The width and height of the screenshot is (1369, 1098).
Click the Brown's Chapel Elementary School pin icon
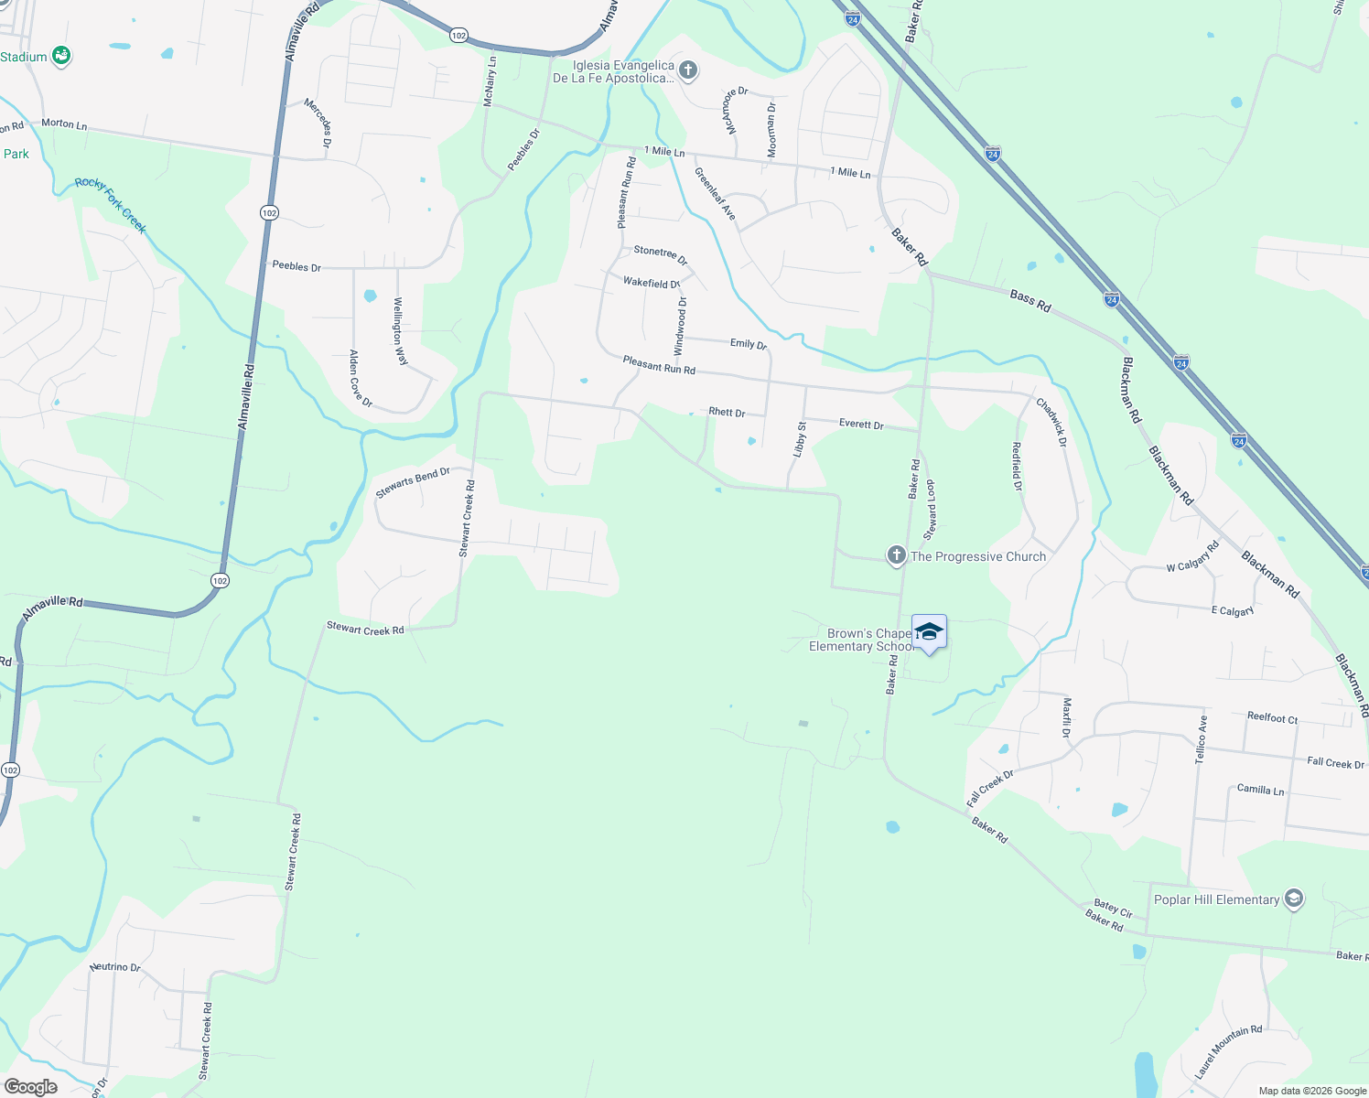929,632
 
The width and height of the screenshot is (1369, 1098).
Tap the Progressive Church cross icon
896,555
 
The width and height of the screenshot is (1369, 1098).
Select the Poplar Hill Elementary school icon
1293,899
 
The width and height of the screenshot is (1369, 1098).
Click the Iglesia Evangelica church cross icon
688,70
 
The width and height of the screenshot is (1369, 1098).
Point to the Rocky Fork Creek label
111,205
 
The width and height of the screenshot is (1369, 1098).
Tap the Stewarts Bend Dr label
413,483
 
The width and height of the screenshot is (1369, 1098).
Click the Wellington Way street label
400,331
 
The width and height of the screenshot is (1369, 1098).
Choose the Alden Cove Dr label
361,378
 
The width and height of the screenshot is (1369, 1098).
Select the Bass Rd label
1030,301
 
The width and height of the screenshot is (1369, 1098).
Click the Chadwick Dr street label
1051,422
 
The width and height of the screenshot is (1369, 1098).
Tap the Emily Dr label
748,344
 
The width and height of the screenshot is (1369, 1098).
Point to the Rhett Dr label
727,413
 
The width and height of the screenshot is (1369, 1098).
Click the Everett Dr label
861,425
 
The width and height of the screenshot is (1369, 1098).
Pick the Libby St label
800,439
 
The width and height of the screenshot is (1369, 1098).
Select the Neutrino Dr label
115,967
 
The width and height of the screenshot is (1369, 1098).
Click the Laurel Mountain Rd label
1228,1051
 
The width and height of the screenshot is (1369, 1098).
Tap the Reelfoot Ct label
1272,718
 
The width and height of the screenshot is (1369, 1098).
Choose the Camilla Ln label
1260,789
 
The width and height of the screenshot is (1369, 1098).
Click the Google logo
30,1087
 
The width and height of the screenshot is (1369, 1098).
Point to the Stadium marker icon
61,57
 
